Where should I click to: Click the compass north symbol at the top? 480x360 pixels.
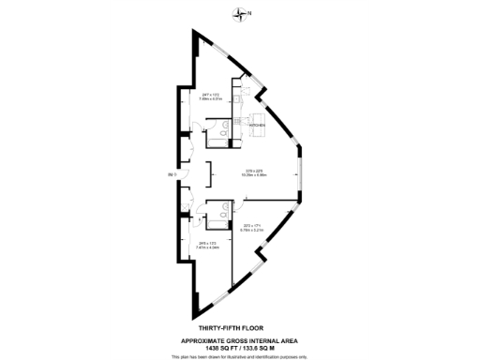pyautogui.click(x=241, y=12)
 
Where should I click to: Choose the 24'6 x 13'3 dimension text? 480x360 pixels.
pyautogui.click(x=207, y=244)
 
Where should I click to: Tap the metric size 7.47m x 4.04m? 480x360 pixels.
pyautogui.click(x=207, y=248)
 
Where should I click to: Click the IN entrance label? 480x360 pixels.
pyautogui.click(x=171, y=174)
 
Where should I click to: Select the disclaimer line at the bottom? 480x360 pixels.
pyautogui.click(x=239, y=356)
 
